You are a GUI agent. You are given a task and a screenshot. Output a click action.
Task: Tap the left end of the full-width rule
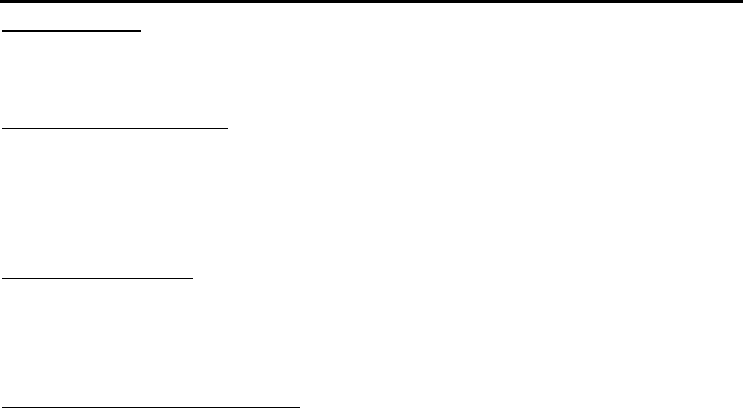(1, 1)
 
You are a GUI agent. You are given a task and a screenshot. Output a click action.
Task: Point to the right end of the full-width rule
(742, 1)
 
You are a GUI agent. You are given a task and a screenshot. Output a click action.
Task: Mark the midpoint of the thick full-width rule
(371, 1)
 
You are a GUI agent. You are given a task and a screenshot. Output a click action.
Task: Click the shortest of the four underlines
(71, 31)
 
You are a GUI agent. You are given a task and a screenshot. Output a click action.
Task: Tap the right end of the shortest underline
(140, 31)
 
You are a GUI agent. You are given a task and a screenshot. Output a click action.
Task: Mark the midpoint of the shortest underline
(71, 31)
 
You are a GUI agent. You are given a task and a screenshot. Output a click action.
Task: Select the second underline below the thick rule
(115, 128)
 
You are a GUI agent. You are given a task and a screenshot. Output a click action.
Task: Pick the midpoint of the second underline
(115, 128)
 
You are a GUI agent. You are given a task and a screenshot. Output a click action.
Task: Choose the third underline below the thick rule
(98, 278)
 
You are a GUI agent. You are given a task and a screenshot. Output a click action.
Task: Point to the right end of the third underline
(194, 278)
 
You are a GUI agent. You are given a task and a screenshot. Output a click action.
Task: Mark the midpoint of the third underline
(98, 278)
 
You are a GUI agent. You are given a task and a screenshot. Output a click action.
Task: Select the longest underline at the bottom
(151, 406)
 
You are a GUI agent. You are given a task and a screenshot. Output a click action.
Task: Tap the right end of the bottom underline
(300, 406)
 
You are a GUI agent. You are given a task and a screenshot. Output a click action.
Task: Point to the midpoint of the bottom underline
(151, 406)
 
